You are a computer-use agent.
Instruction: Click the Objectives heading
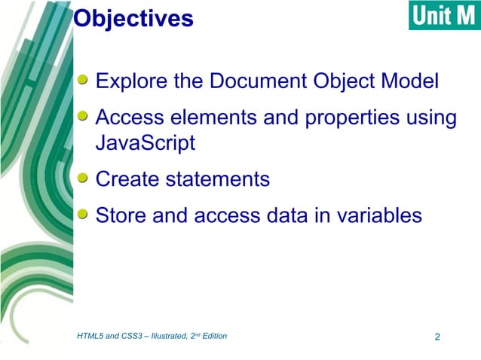[x=133, y=18]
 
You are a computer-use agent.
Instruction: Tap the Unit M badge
[x=444, y=16]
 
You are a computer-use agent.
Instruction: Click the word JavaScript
[x=146, y=142]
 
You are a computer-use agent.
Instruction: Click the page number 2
[x=437, y=336]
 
